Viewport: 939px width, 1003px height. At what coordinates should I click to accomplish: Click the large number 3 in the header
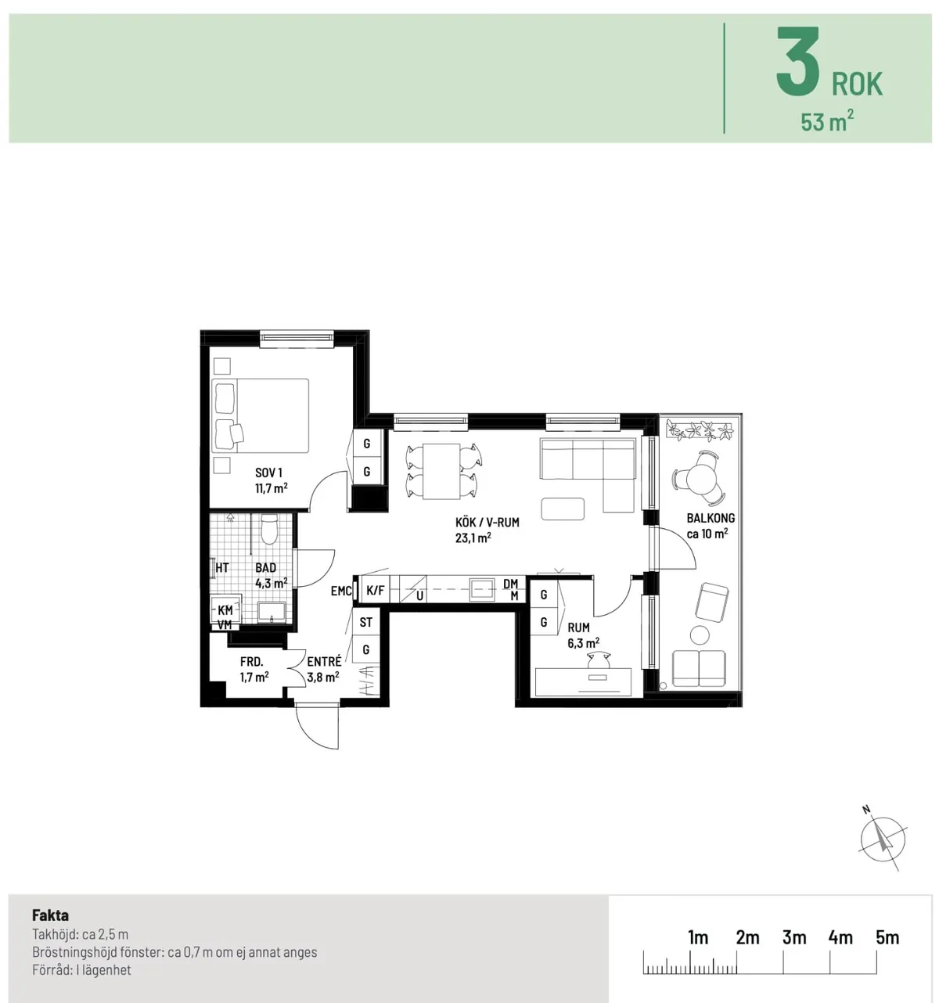pyautogui.click(x=798, y=63)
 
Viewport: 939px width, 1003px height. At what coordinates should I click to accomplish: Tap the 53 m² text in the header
pyautogui.click(x=826, y=122)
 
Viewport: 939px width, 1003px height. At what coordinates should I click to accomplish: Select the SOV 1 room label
pyautogui.click(x=268, y=473)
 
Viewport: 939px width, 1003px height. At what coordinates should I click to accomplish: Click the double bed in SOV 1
pyautogui.click(x=261, y=415)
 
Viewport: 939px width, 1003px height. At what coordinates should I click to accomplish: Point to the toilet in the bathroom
pyautogui.click(x=268, y=530)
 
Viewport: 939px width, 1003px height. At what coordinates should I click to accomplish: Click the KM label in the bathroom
pyautogui.click(x=225, y=610)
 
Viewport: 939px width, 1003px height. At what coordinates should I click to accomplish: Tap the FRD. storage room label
pyautogui.click(x=252, y=662)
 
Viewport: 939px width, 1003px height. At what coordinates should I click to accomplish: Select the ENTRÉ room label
pyautogui.click(x=324, y=662)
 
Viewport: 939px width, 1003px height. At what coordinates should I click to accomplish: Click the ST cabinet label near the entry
pyautogui.click(x=365, y=623)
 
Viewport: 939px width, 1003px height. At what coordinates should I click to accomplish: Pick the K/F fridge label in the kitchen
pyautogui.click(x=376, y=591)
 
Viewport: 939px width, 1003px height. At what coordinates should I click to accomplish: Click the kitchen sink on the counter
pyautogui.click(x=481, y=589)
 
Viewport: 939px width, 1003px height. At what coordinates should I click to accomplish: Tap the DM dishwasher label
pyautogui.click(x=511, y=584)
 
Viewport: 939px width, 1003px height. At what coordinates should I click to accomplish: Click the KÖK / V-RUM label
pyautogui.click(x=487, y=522)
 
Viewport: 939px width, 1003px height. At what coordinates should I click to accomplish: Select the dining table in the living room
pyautogui.click(x=441, y=471)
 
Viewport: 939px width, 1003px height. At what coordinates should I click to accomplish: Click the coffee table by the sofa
pyautogui.click(x=562, y=509)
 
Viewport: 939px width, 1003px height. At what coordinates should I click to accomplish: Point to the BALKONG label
pyautogui.click(x=711, y=518)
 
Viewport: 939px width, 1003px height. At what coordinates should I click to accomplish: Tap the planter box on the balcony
pyautogui.click(x=700, y=430)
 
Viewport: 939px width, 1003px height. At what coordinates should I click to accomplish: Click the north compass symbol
pyautogui.click(x=882, y=840)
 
